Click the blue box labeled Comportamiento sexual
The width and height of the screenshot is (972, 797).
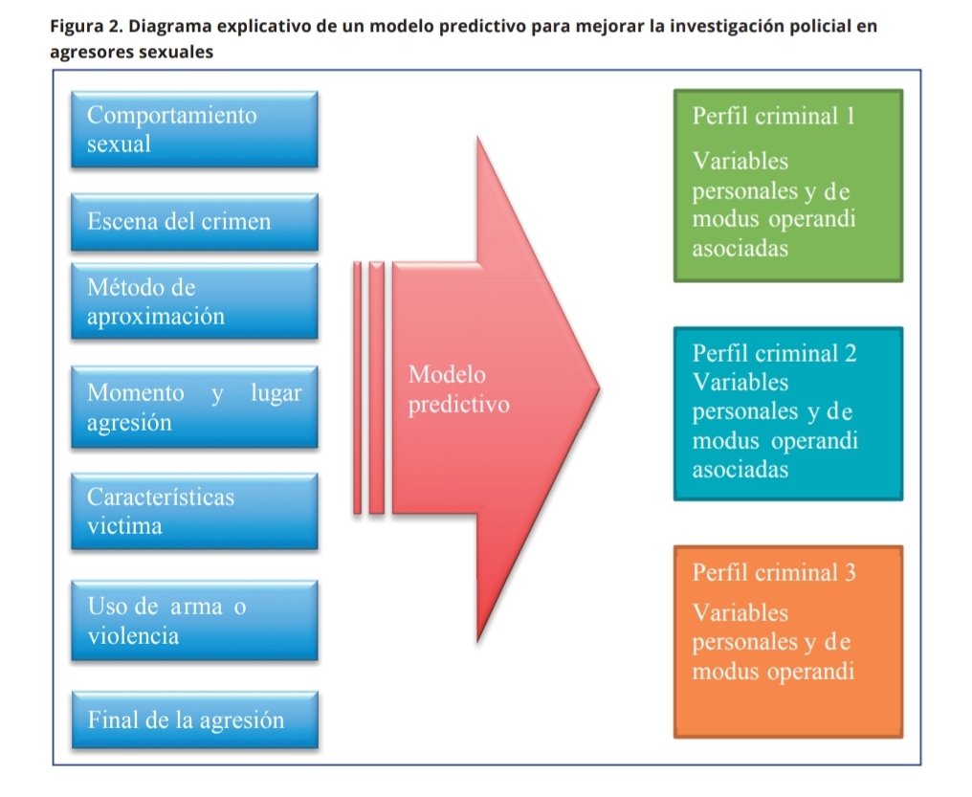(194, 129)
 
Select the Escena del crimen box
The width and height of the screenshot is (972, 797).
(194, 222)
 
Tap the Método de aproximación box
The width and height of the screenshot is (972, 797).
(194, 301)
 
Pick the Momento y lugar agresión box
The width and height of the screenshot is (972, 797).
(194, 407)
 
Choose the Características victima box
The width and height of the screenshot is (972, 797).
(194, 511)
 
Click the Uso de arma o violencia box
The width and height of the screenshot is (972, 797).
(194, 620)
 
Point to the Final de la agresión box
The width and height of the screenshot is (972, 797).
(194, 720)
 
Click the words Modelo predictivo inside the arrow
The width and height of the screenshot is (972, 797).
(457, 389)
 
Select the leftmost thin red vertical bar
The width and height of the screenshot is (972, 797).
(357, 387)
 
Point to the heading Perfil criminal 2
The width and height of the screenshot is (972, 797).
(774, 353)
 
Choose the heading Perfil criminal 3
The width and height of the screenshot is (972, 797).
(774, 573)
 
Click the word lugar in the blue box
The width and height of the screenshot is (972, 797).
(276, 393)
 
